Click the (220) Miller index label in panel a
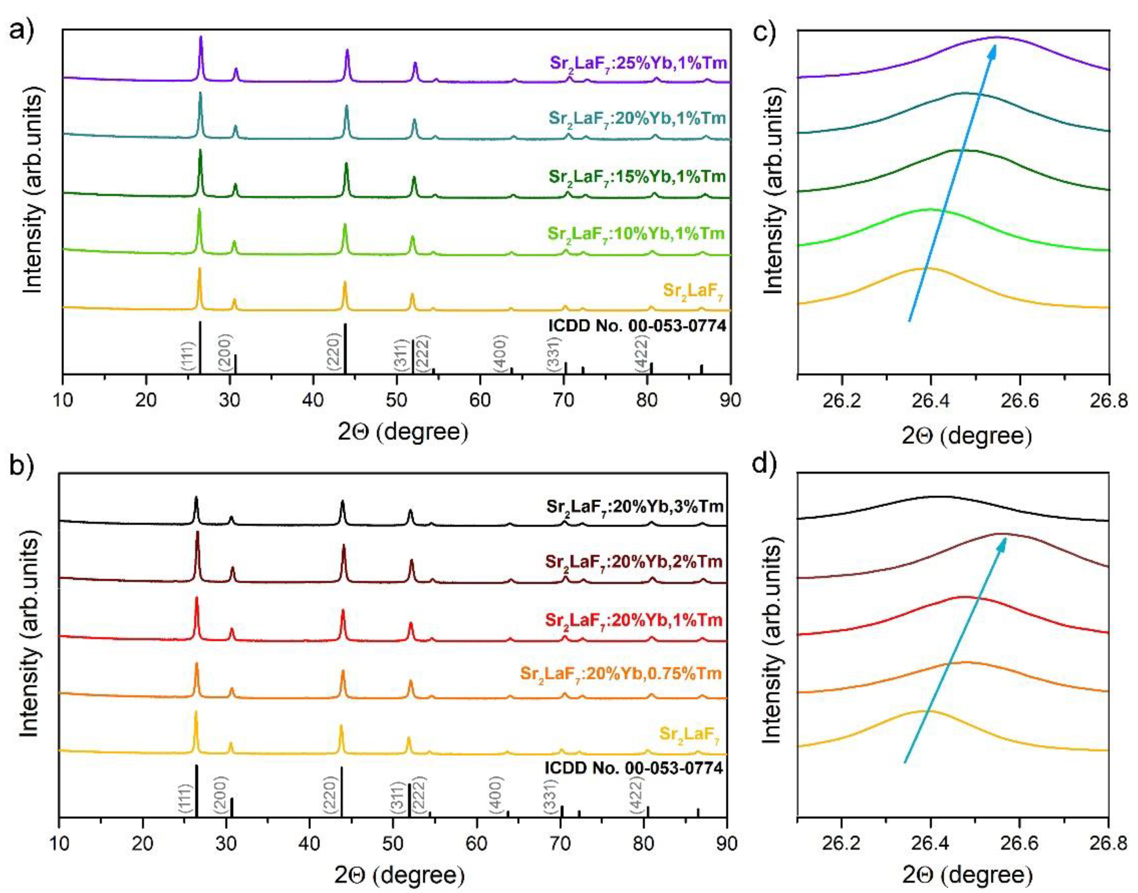(x=333, y=352)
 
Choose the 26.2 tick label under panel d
(x=841, y=846)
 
